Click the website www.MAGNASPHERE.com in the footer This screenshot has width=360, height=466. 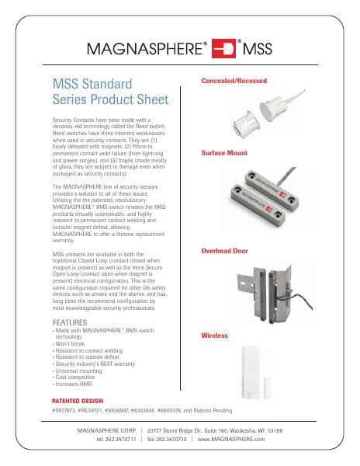[x=231, y=439]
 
